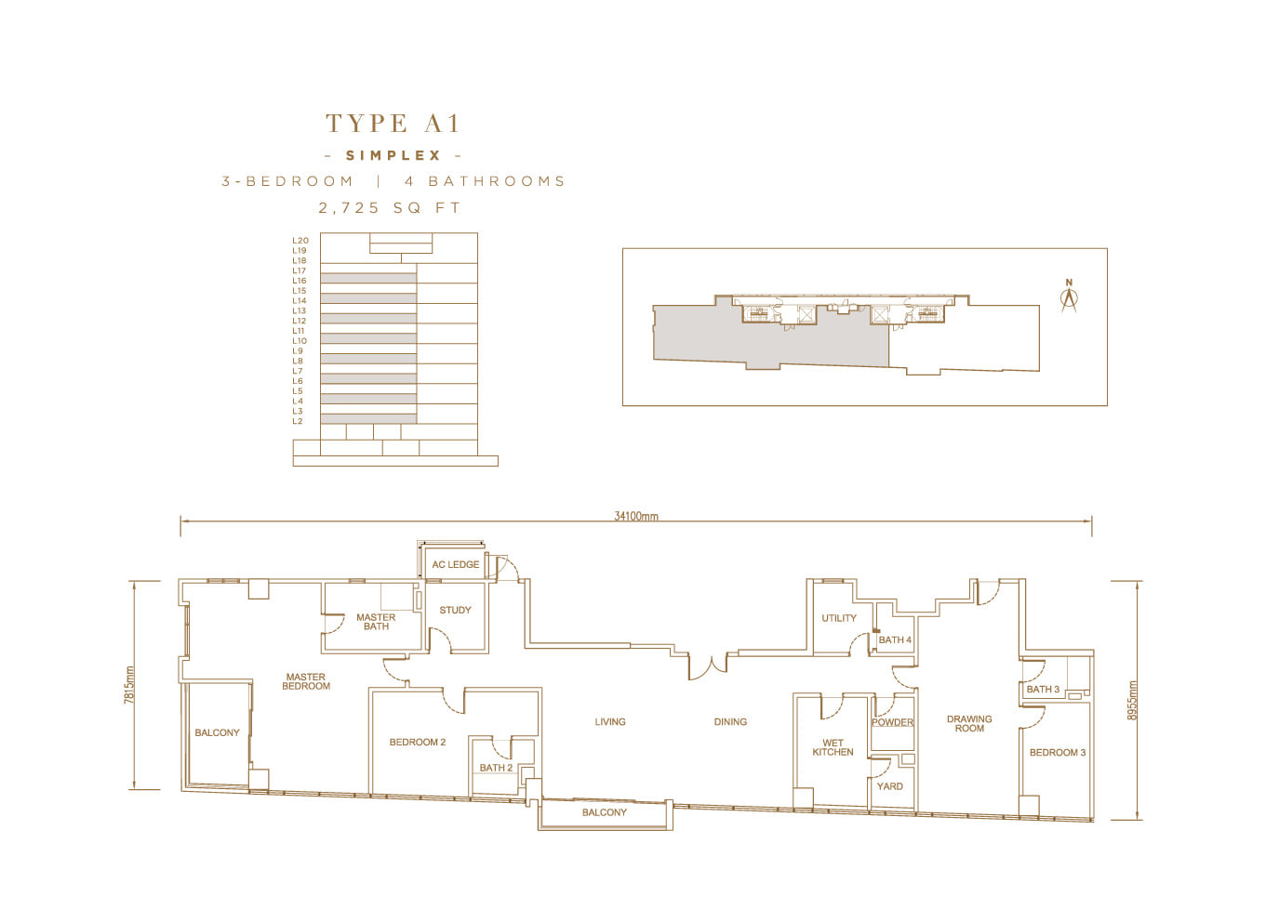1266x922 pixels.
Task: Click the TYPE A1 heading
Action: tap(393, 123)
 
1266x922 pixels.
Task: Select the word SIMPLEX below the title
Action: tap(393, 155)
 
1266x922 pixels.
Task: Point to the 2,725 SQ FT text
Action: tap(390, 208)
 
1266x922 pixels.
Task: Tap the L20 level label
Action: tap(300, 241)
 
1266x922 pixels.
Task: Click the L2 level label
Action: tap(298, 421)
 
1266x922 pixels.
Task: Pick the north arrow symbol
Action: tap(1069, 296)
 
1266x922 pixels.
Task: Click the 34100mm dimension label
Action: tap(636, 516)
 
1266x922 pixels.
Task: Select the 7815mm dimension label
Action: tap(129, 685)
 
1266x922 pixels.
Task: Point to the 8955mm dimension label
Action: tap(1131, 700)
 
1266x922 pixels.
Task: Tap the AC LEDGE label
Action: tap(456, 564)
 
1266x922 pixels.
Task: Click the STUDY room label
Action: tap(455, 611)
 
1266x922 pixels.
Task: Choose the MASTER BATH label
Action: tap(376, 622)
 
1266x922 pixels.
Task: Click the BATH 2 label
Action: tap(496, 768)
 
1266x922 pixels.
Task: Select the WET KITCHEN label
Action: tap(833, 747)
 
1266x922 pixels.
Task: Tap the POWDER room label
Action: tap(892, 723)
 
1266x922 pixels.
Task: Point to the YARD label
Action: tap(889, 786)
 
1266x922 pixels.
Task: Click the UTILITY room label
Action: tap(839, 618)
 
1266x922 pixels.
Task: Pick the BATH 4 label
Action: tap(895, 640)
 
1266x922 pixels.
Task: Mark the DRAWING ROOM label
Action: tap(969, 724)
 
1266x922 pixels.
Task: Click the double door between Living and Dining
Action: tap(708, 667)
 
